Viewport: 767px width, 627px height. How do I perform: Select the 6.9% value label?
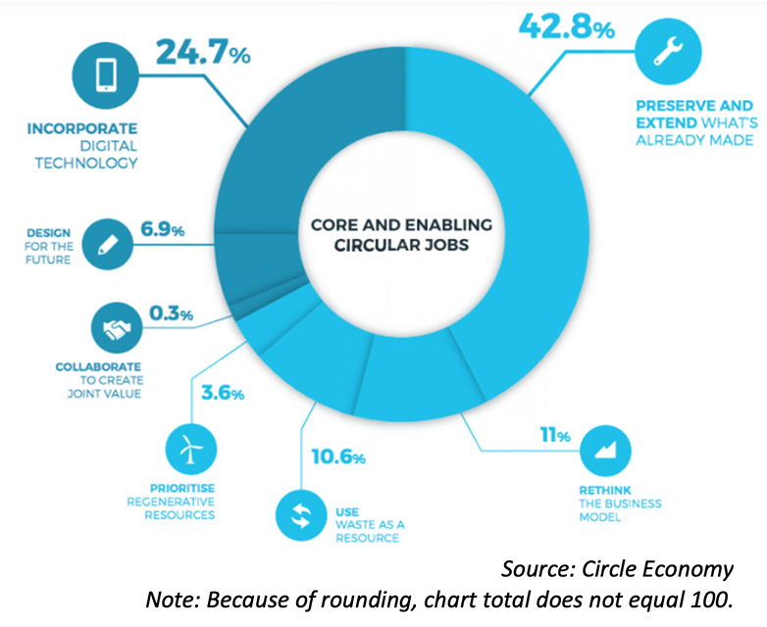(164, 232)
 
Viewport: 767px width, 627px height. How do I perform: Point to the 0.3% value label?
(171, 315)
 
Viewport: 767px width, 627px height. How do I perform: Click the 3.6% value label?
(222, 394)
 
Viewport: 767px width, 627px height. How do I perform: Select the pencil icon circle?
(106, 244)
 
